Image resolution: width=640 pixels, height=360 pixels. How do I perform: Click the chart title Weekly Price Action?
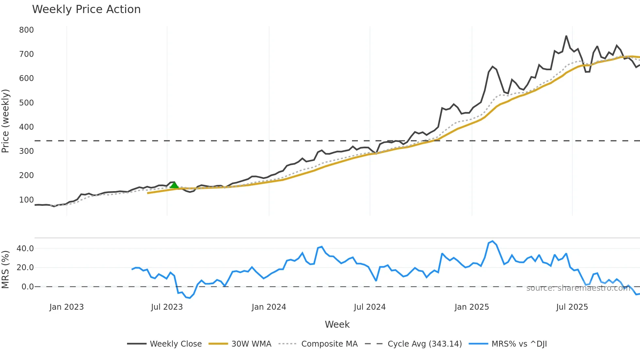pyautogui.click(x=86, y=9)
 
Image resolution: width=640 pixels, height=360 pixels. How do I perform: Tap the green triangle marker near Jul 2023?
pyautogui.click(x=174, y=185)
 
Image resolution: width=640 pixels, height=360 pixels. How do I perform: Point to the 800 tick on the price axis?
pyautogui.click(x=26, y=30)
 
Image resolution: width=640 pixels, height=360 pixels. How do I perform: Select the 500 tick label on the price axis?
pyautogui.click(x=26, y=103)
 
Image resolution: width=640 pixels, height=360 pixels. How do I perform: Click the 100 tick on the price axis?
pyautogui.click(x=26, y=200)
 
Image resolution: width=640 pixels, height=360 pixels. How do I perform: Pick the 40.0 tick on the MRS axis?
pyautogui.click(x=25, y=249)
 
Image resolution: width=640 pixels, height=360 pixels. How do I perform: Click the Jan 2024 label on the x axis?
pyautogui.click(x=269, y=307)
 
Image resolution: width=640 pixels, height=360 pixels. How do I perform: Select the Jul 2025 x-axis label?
pyautogui.click(x=572, y=307)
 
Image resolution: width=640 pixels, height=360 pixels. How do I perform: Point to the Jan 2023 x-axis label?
pyautogui.click(x=67, y=307)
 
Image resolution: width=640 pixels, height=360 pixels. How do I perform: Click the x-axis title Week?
pyautogui.click(x=337, y=324)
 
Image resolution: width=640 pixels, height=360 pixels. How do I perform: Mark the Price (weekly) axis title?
pyautogui.click(x=6, y=121)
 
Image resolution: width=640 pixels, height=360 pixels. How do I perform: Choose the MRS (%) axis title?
pyautogui.click(x=6, y=270)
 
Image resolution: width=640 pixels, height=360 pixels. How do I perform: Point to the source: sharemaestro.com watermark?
pyautogui.click(x=578, y=288)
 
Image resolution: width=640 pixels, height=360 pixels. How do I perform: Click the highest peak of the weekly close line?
pyautogui.click(x=566, y=36)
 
